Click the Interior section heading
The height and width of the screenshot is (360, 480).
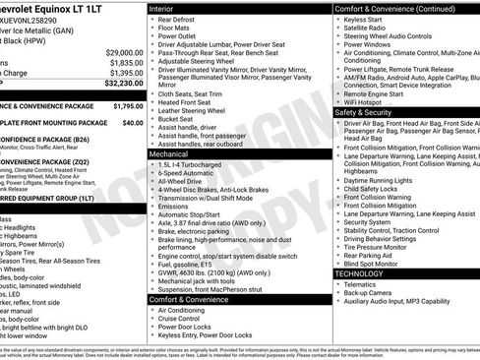tap(163, 8)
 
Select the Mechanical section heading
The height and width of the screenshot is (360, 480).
tap(170, 154)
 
